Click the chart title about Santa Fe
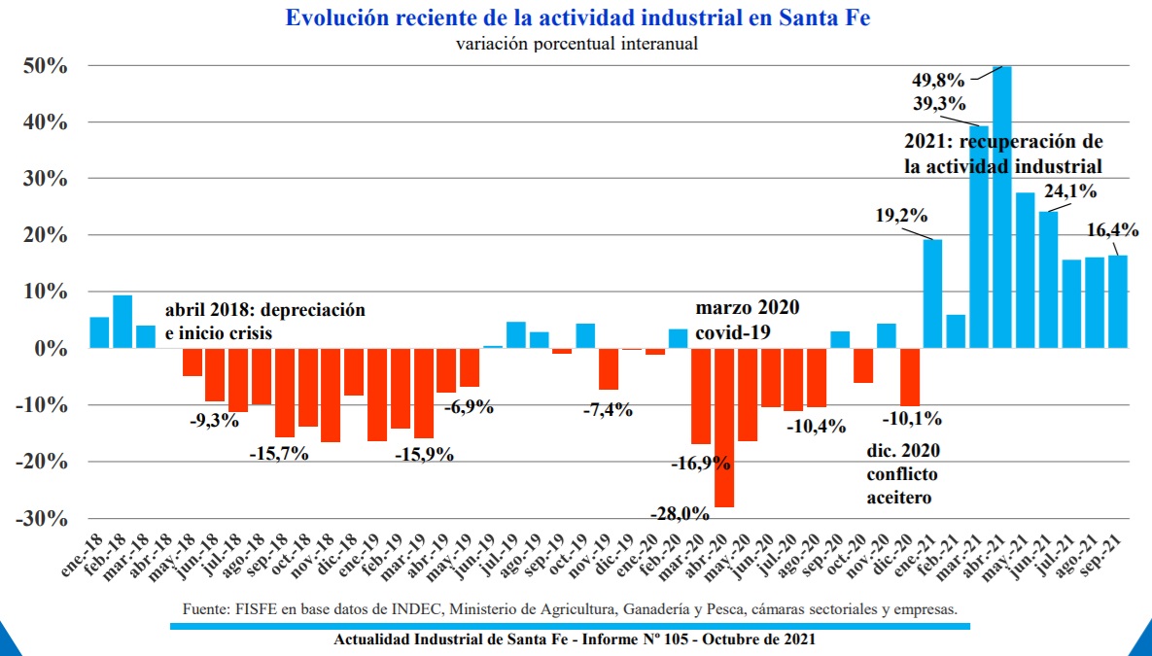point(577,17)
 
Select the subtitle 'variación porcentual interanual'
point(576,44)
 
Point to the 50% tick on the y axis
point(47,66)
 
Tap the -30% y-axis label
point(43,519)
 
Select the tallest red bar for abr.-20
point(723,428)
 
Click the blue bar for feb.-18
point(122,322)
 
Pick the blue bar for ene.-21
point(932,293)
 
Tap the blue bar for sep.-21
point(1117,302)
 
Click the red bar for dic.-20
point(910,377)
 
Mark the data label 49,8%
point(938,80)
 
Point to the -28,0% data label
point(681,513)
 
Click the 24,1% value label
point(1069,191)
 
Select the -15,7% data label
point(279,454)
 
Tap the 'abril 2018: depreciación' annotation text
point(265,309)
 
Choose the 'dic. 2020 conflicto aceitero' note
point(902,474)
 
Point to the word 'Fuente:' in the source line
point(203,609)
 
